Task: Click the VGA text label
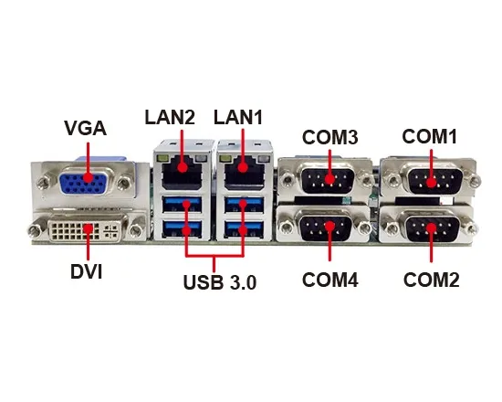(x=86, y=128)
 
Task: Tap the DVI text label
(x=87, y=272)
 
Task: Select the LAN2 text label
(x=170, y=117)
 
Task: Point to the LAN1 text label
(x=238, y=117)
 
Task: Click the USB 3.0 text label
(x=220, y=282)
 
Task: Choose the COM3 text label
(x=330, y=137)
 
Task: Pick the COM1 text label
(x=430, y=136)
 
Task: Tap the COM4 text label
(x=330, y=280)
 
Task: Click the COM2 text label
(x=431, y=280)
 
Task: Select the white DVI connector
(x=86, y=230)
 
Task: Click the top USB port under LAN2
(x=182, y=205)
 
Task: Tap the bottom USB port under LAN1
(x=244, y=229)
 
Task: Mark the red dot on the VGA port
(x=89, y=178)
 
